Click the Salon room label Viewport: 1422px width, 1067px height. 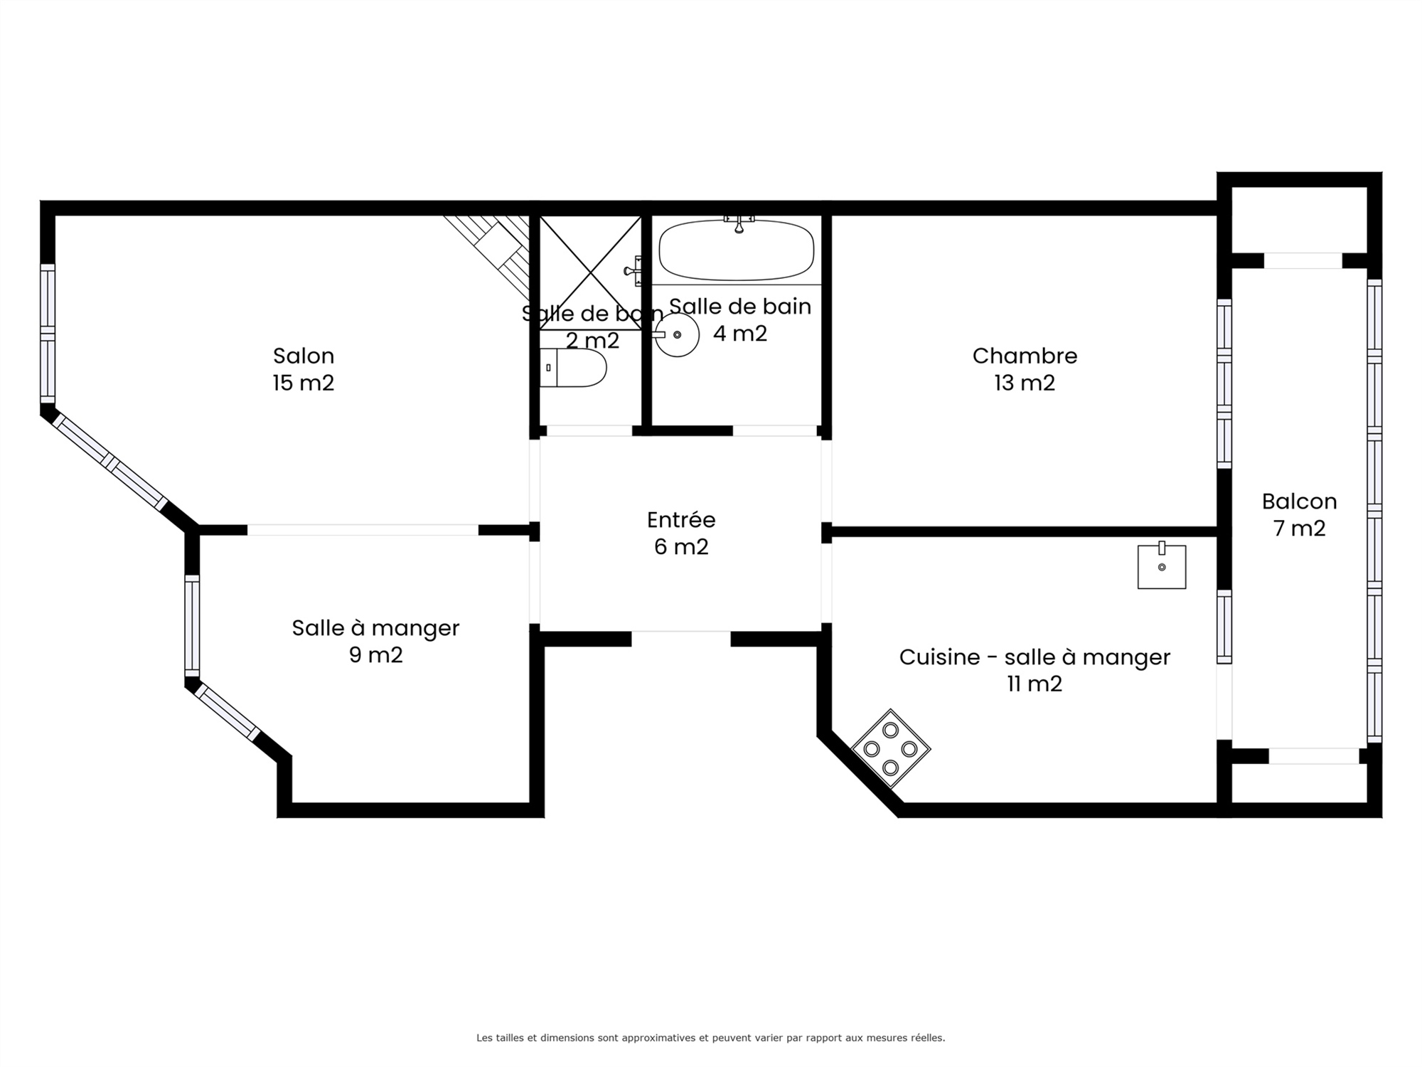pos(304,356)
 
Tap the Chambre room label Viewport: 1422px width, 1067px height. pos(1025,356)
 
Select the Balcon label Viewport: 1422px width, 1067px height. pos(1299,501)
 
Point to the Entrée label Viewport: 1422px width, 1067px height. pos(681,519)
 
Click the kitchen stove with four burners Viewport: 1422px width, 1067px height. pos(891,748)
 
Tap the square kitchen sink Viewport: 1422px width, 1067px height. pos(1162,566)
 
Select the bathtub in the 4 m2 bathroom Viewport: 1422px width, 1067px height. pos(737,250)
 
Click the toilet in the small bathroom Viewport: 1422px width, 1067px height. pos(573,368)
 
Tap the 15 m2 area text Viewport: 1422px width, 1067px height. pos(304,383)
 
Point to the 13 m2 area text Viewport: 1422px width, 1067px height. pos(1025,383)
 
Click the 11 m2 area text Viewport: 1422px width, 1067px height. pos(1035,684)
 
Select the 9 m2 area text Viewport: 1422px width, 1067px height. pos(375,654)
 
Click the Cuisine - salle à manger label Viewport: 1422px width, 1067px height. pos(1035,657)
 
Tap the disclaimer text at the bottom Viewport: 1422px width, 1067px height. pos(711,1038)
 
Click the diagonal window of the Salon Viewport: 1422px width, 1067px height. pos(109,462)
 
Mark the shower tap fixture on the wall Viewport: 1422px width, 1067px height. pos(633,271)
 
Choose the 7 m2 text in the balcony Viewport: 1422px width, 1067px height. pos(1299,529)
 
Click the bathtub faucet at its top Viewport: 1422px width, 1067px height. pos(739,223)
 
